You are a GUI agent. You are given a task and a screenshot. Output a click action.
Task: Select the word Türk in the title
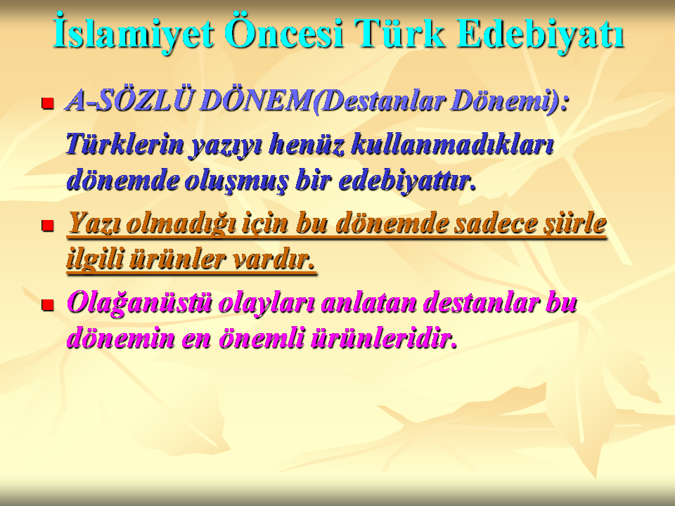click(399, 33)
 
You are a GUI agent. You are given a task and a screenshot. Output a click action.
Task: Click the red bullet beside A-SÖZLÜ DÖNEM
click(47, 103)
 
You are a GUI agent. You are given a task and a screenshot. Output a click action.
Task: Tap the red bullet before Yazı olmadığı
click(47, 225)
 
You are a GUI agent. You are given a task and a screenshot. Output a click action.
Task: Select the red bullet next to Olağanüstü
click(47, 304)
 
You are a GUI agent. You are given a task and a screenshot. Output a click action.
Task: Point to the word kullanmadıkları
click(452, 143)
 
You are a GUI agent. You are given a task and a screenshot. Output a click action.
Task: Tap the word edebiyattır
click(407, 180)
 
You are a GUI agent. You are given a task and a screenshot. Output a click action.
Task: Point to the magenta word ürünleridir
click(383, 338)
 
